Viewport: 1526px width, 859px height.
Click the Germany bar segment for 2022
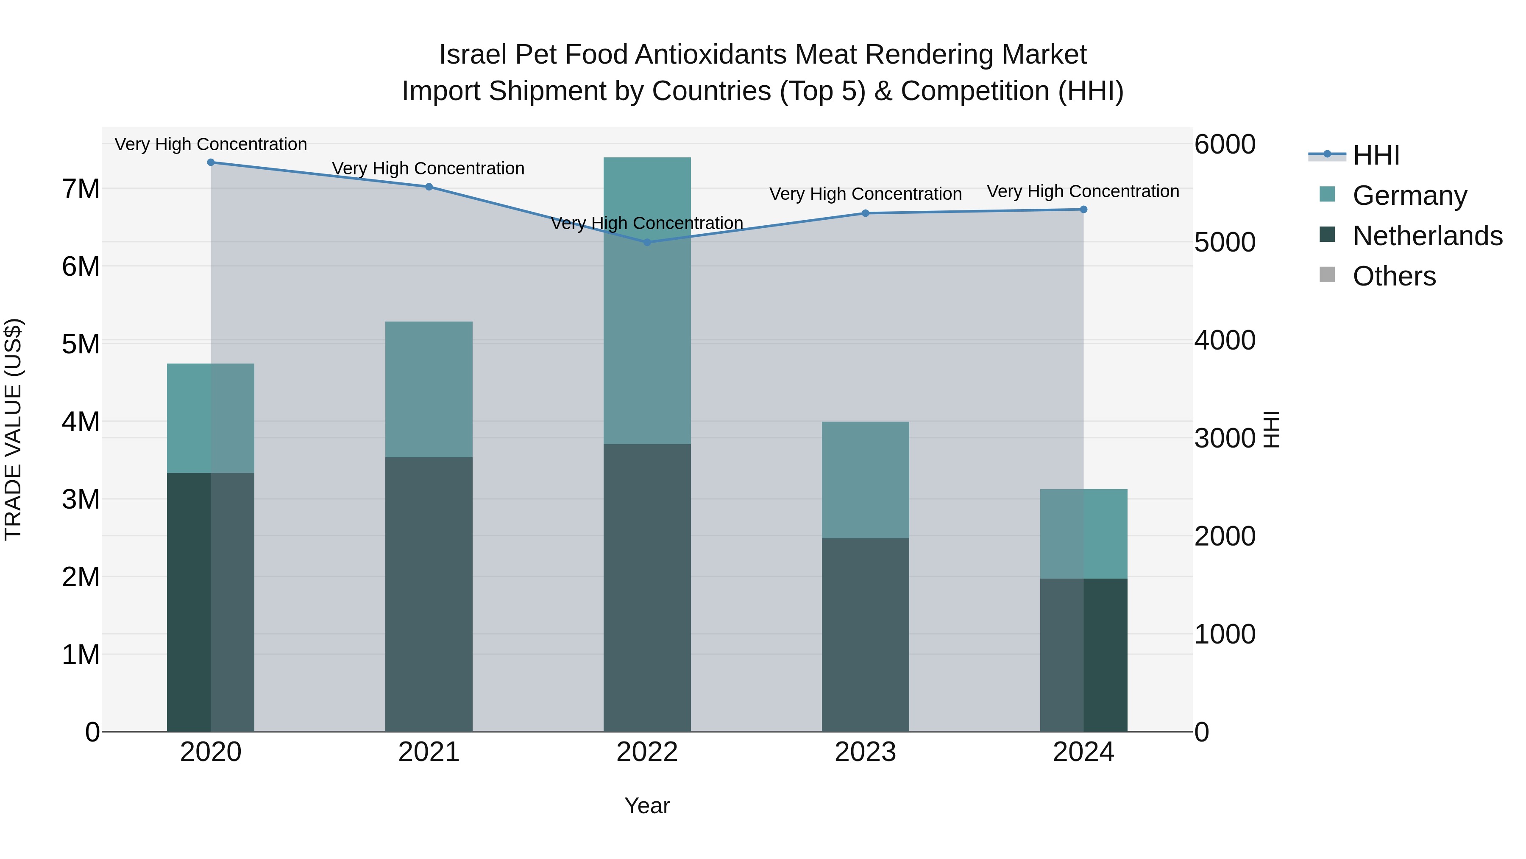pos(647,301)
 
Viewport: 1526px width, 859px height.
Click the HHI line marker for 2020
pos(211,162)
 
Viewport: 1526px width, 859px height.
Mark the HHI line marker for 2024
pos(1083,209)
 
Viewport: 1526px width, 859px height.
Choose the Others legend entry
pos(1394,276)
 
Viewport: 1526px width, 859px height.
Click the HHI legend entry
pos(1376,155)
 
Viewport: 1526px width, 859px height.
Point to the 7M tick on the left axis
pos(81,189)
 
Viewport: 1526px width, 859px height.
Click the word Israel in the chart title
pos(472,55)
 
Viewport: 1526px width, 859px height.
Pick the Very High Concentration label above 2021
pos(428,168)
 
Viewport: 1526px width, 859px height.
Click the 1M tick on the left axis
pos(81,655)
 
